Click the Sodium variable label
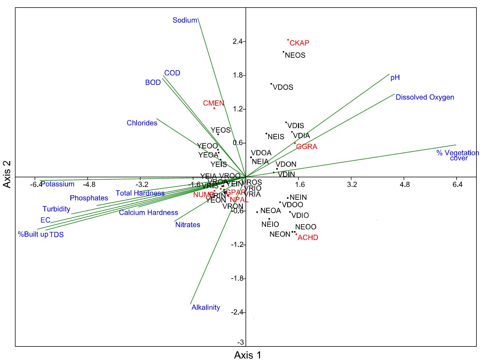185,20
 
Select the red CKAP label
299,43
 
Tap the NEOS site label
295,55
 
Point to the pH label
395,77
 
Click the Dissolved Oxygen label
425,97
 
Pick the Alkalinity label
206,307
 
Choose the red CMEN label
213,103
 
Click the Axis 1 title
247,355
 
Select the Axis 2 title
7,174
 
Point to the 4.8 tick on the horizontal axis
405,184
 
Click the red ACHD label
308,237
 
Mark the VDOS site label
283,87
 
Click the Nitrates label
187,225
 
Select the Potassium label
58,184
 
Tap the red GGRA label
307,147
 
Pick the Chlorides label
142,123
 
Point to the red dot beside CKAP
288,40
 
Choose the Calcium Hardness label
148,213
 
